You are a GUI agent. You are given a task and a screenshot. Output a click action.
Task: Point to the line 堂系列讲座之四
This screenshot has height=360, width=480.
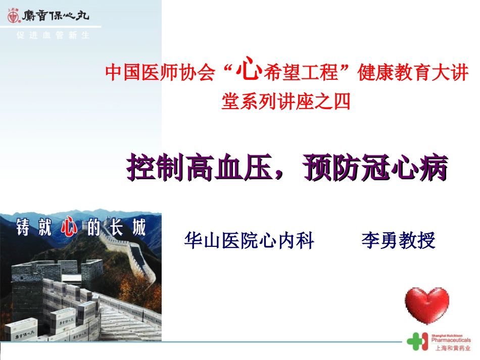click(x=286, y=102)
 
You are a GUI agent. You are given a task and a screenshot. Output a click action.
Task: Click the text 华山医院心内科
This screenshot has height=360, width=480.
click(x=250, y=241)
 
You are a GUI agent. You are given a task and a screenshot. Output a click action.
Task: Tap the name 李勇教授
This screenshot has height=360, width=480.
click(x=398, y=241)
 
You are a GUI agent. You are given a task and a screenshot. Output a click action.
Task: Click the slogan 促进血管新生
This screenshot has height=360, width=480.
click(x=53, y=36)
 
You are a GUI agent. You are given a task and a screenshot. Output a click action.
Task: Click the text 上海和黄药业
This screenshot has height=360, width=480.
click(x=451, y=348)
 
